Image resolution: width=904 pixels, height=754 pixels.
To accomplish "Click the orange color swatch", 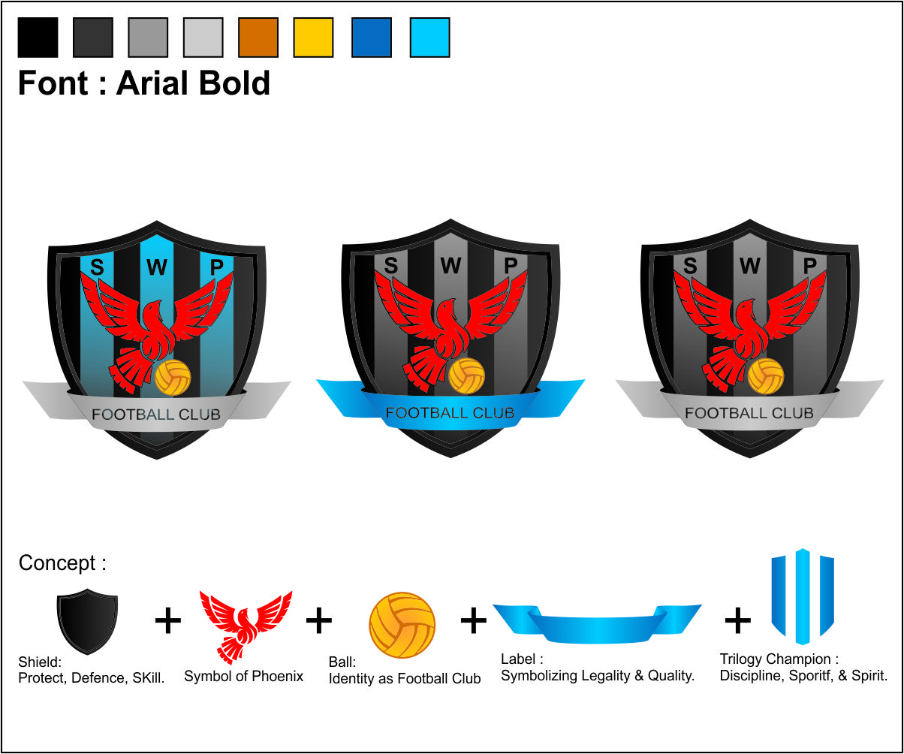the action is (x=258, y=38).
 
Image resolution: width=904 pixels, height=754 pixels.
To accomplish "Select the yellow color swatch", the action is (x=313, y=38).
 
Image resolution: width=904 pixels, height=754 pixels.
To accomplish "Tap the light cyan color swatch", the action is (x=429, y=38).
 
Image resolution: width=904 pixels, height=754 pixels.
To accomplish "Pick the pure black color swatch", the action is (x=38, y=38).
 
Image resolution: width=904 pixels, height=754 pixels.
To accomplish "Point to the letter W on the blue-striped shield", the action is (x=157, y=267).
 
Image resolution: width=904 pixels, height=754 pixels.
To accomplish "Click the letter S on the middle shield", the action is (x=391, y=265).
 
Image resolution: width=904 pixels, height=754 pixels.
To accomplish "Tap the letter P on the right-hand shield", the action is (x=809, y=266).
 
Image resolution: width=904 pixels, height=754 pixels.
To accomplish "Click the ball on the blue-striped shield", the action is (x=173, y=378).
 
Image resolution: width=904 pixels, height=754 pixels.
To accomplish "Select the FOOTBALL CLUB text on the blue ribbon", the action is (x=450, y=413).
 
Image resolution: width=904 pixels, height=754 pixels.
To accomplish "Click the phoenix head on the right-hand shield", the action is (x=744, y=306).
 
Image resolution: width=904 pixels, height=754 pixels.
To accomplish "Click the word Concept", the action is (x=57, y=563).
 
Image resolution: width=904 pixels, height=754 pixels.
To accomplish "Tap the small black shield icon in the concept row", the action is (x=87, y=621).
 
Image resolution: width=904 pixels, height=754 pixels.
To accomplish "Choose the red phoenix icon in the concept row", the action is (x=246, y=626).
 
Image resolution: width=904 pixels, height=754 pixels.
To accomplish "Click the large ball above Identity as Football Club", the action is (x=402, y=625).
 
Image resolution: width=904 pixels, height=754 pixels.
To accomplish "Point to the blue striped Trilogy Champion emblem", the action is (x=803, y=596).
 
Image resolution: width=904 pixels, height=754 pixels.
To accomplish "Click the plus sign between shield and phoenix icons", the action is (x=168, y=620).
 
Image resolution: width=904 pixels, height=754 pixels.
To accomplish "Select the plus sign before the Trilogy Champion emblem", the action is (x=738, y=620).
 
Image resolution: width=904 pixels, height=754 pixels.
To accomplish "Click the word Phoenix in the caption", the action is (x=278, y=676).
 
